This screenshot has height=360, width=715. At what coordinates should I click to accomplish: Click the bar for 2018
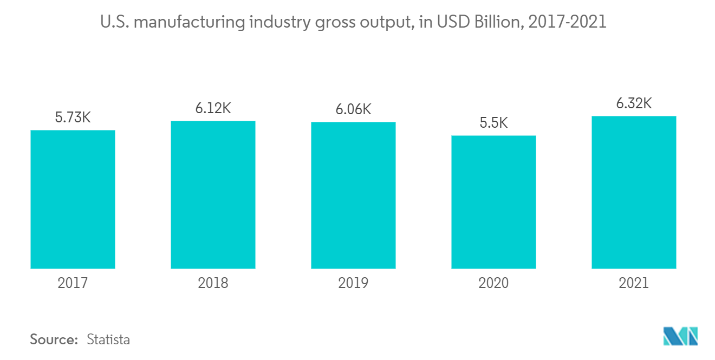213,194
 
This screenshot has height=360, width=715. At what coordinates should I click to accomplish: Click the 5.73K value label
73,117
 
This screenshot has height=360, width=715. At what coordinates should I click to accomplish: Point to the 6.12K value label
213,108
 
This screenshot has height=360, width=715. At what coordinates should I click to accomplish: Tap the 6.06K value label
353,109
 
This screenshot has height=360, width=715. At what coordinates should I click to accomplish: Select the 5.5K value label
493,123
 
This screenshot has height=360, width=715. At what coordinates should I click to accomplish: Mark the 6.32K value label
634,103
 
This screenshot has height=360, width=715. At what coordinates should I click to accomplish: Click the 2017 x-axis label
73,283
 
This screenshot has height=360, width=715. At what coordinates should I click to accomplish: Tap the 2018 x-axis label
213,283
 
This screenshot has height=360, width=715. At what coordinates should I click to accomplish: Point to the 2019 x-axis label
353,283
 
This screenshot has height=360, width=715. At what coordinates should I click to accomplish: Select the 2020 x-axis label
493,283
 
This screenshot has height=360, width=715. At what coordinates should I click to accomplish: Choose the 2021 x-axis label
634,283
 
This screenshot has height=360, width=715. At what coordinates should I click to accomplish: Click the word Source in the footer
54,339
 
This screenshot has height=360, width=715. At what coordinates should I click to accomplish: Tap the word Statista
108,339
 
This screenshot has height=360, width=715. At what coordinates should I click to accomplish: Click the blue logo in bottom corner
680,336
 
